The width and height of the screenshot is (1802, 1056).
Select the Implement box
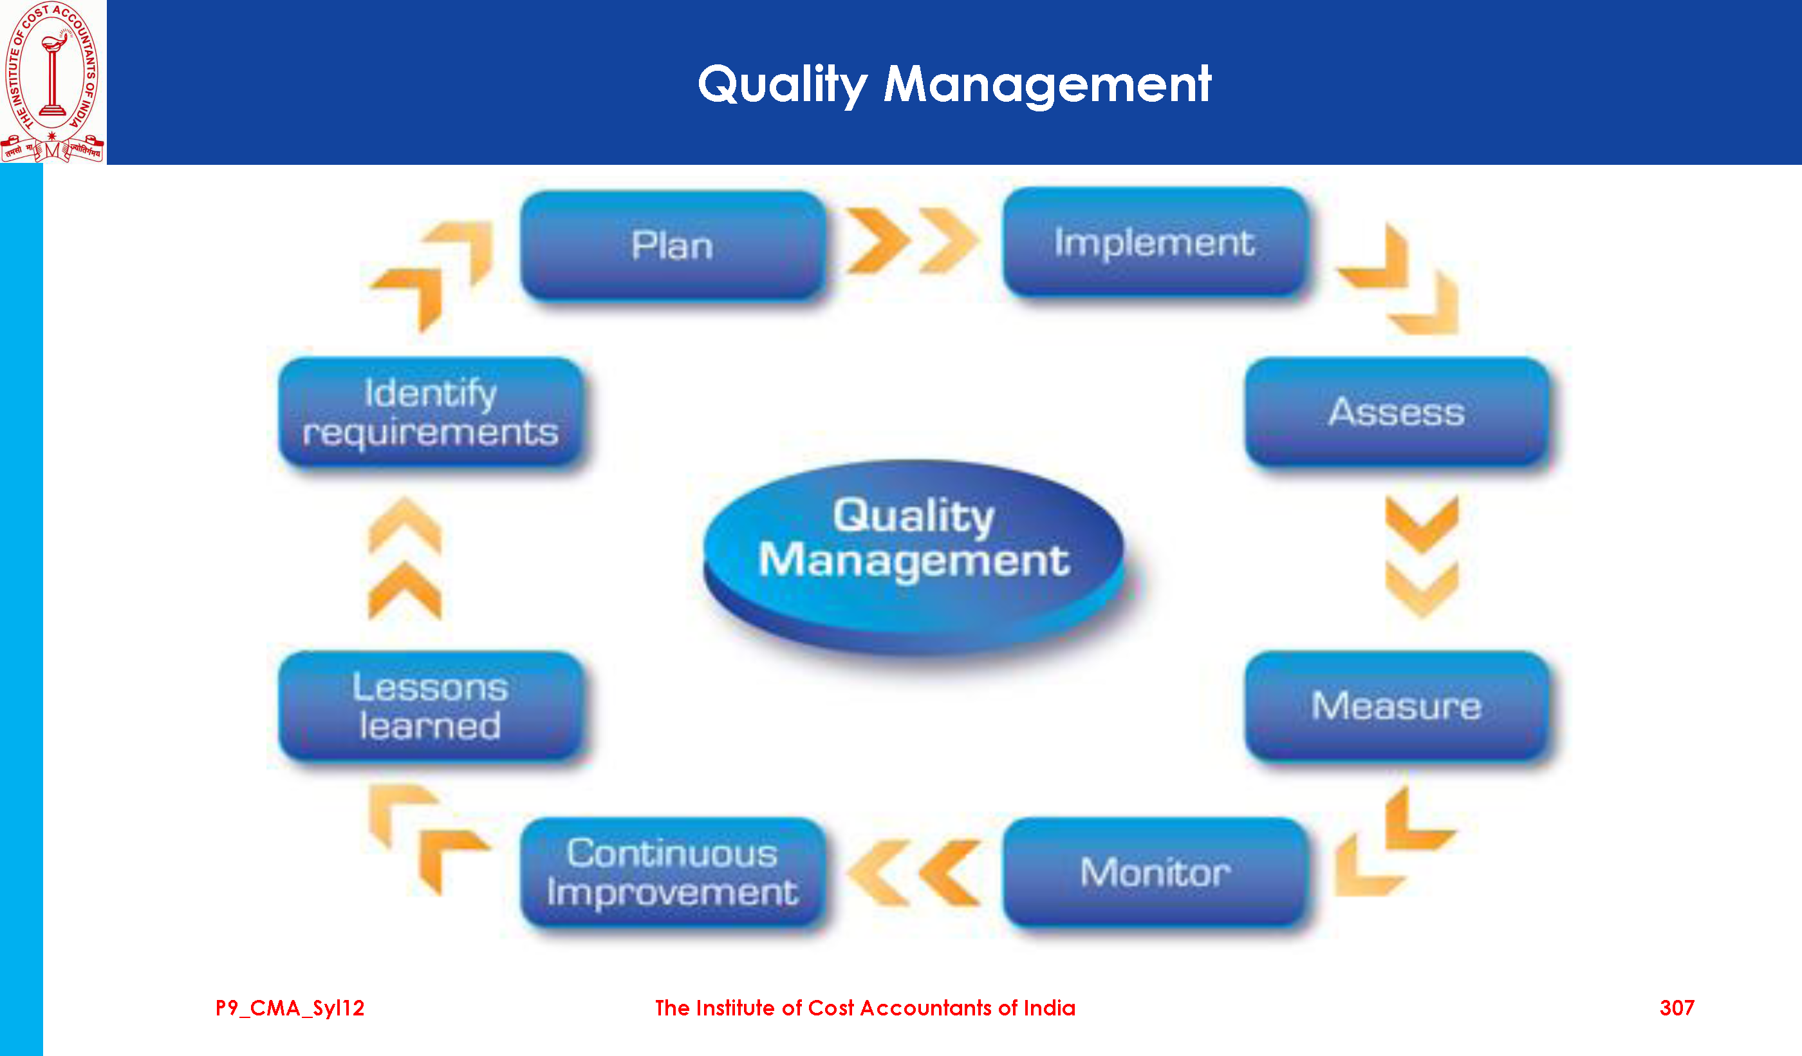(x=1155, y=242)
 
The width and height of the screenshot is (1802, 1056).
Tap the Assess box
(x=1397, y=412)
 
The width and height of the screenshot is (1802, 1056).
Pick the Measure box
(x=1397, y=706)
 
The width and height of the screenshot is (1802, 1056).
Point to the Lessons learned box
(x=431, y=706)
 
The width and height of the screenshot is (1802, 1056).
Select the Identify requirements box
(x=431, y=412)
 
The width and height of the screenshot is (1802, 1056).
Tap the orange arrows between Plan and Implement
(x=913, y=241)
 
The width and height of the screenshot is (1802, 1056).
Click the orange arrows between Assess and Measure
(x=1422, y=556)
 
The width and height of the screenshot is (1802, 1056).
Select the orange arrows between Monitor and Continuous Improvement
(x=913, y=873)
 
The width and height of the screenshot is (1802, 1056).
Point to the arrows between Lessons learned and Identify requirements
(x=405, y=558)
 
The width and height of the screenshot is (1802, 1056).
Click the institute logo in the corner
(x=52, y=82)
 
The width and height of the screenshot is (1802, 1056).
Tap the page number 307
(x=1677, y=1008)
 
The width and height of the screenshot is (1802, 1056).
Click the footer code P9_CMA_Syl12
(x=290, y=1009)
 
